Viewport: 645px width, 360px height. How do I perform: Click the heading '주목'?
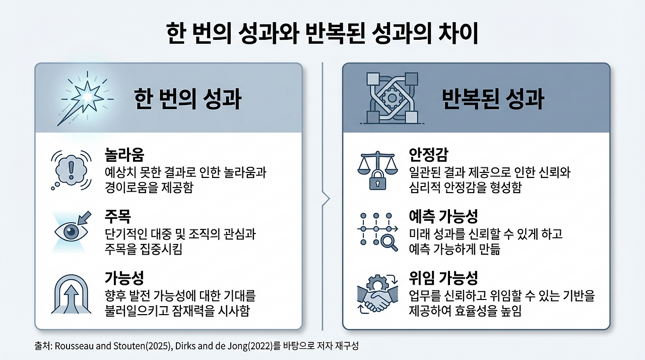[117, 217]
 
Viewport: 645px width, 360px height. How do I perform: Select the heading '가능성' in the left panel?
[124, 278]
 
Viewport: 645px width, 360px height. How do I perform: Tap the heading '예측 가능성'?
[443, 217]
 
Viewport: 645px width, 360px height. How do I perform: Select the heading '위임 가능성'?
[443, 278]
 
